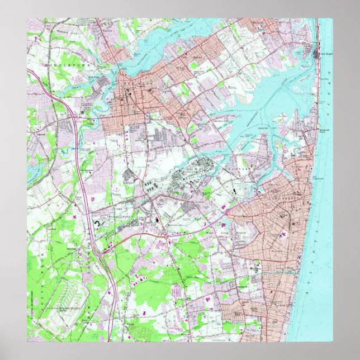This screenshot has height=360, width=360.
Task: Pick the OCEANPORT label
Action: [244, 167]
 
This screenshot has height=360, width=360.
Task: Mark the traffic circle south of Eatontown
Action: [166, 236]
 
